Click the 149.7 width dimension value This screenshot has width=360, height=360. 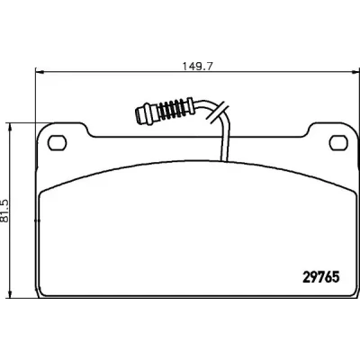(197, 66)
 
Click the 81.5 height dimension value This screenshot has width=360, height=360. (5, 211)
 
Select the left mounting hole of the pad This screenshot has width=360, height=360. (57, 143)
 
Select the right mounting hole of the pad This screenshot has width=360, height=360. (338, 143)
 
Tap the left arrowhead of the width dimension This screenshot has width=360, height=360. (40, 72)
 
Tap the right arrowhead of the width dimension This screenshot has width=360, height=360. (355, 72)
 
